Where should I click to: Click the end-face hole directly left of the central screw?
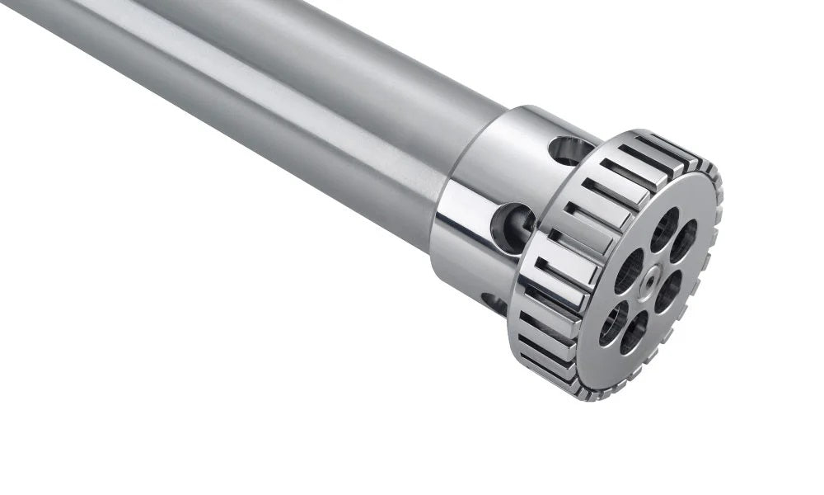click(628, 270)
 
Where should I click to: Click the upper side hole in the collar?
click(569, 150)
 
